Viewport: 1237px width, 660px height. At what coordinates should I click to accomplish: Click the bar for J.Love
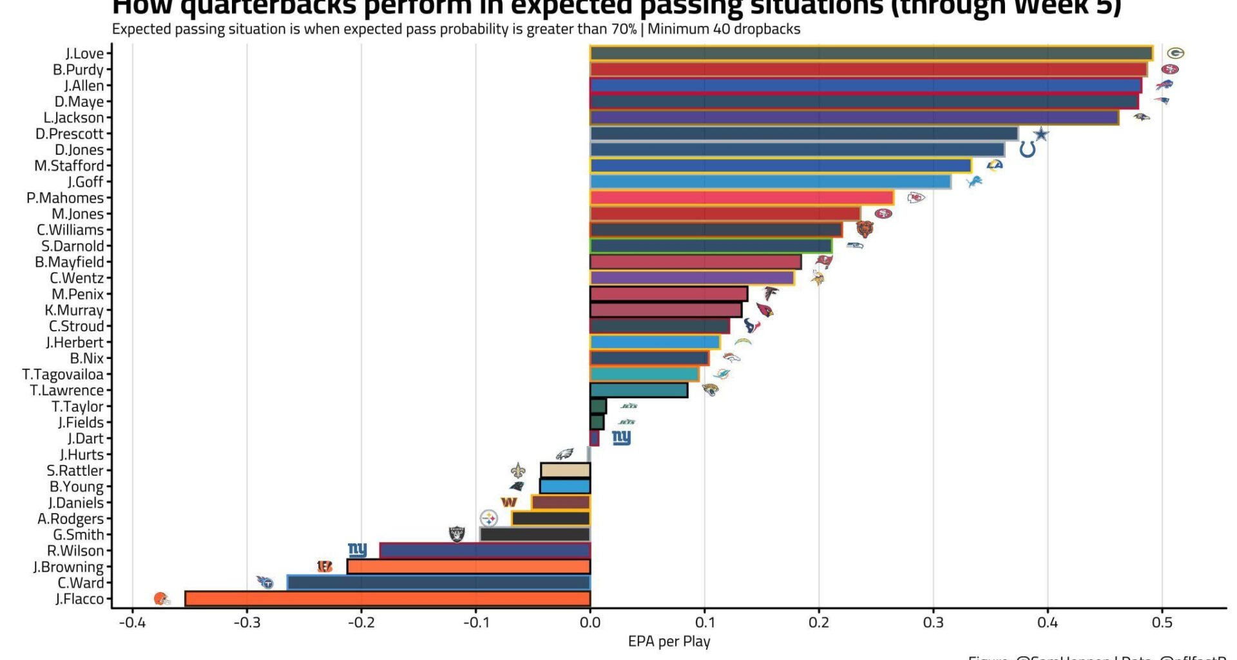tap(870, 53)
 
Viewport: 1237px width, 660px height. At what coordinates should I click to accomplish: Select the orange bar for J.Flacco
tap(387, 599)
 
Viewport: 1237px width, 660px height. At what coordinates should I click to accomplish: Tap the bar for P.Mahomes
tap(741, 198)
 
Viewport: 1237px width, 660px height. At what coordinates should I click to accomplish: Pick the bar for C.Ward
tap(438, 583)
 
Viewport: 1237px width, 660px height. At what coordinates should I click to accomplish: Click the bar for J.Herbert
tap(654, 342)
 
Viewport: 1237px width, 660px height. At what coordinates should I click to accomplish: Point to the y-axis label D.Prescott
tap(69, 134)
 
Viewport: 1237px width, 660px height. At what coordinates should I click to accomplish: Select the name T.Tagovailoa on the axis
tap(62, 374)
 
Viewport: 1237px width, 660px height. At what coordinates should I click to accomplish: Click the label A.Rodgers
tap(70, 519)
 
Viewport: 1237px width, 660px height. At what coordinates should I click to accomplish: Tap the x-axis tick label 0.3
tap(933, 623)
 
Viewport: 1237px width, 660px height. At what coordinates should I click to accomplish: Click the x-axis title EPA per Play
tap(669, 642)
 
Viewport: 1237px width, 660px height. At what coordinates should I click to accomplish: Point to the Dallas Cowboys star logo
tap(1041, 134)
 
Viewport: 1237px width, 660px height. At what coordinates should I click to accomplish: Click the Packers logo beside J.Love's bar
tap(1176, 53)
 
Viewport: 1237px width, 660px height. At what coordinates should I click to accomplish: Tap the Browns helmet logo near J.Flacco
tap(162, 599)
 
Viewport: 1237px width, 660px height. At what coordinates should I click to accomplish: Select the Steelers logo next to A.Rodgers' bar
tap(489, 518)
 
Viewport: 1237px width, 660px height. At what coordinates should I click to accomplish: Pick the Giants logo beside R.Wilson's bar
tap(357, 550)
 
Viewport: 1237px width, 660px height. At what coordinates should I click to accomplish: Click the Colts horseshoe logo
tap(1028, 150)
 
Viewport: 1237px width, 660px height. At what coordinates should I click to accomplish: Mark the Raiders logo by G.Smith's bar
tap(457, 534)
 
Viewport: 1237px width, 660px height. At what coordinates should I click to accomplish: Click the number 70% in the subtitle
tap(624, 29)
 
